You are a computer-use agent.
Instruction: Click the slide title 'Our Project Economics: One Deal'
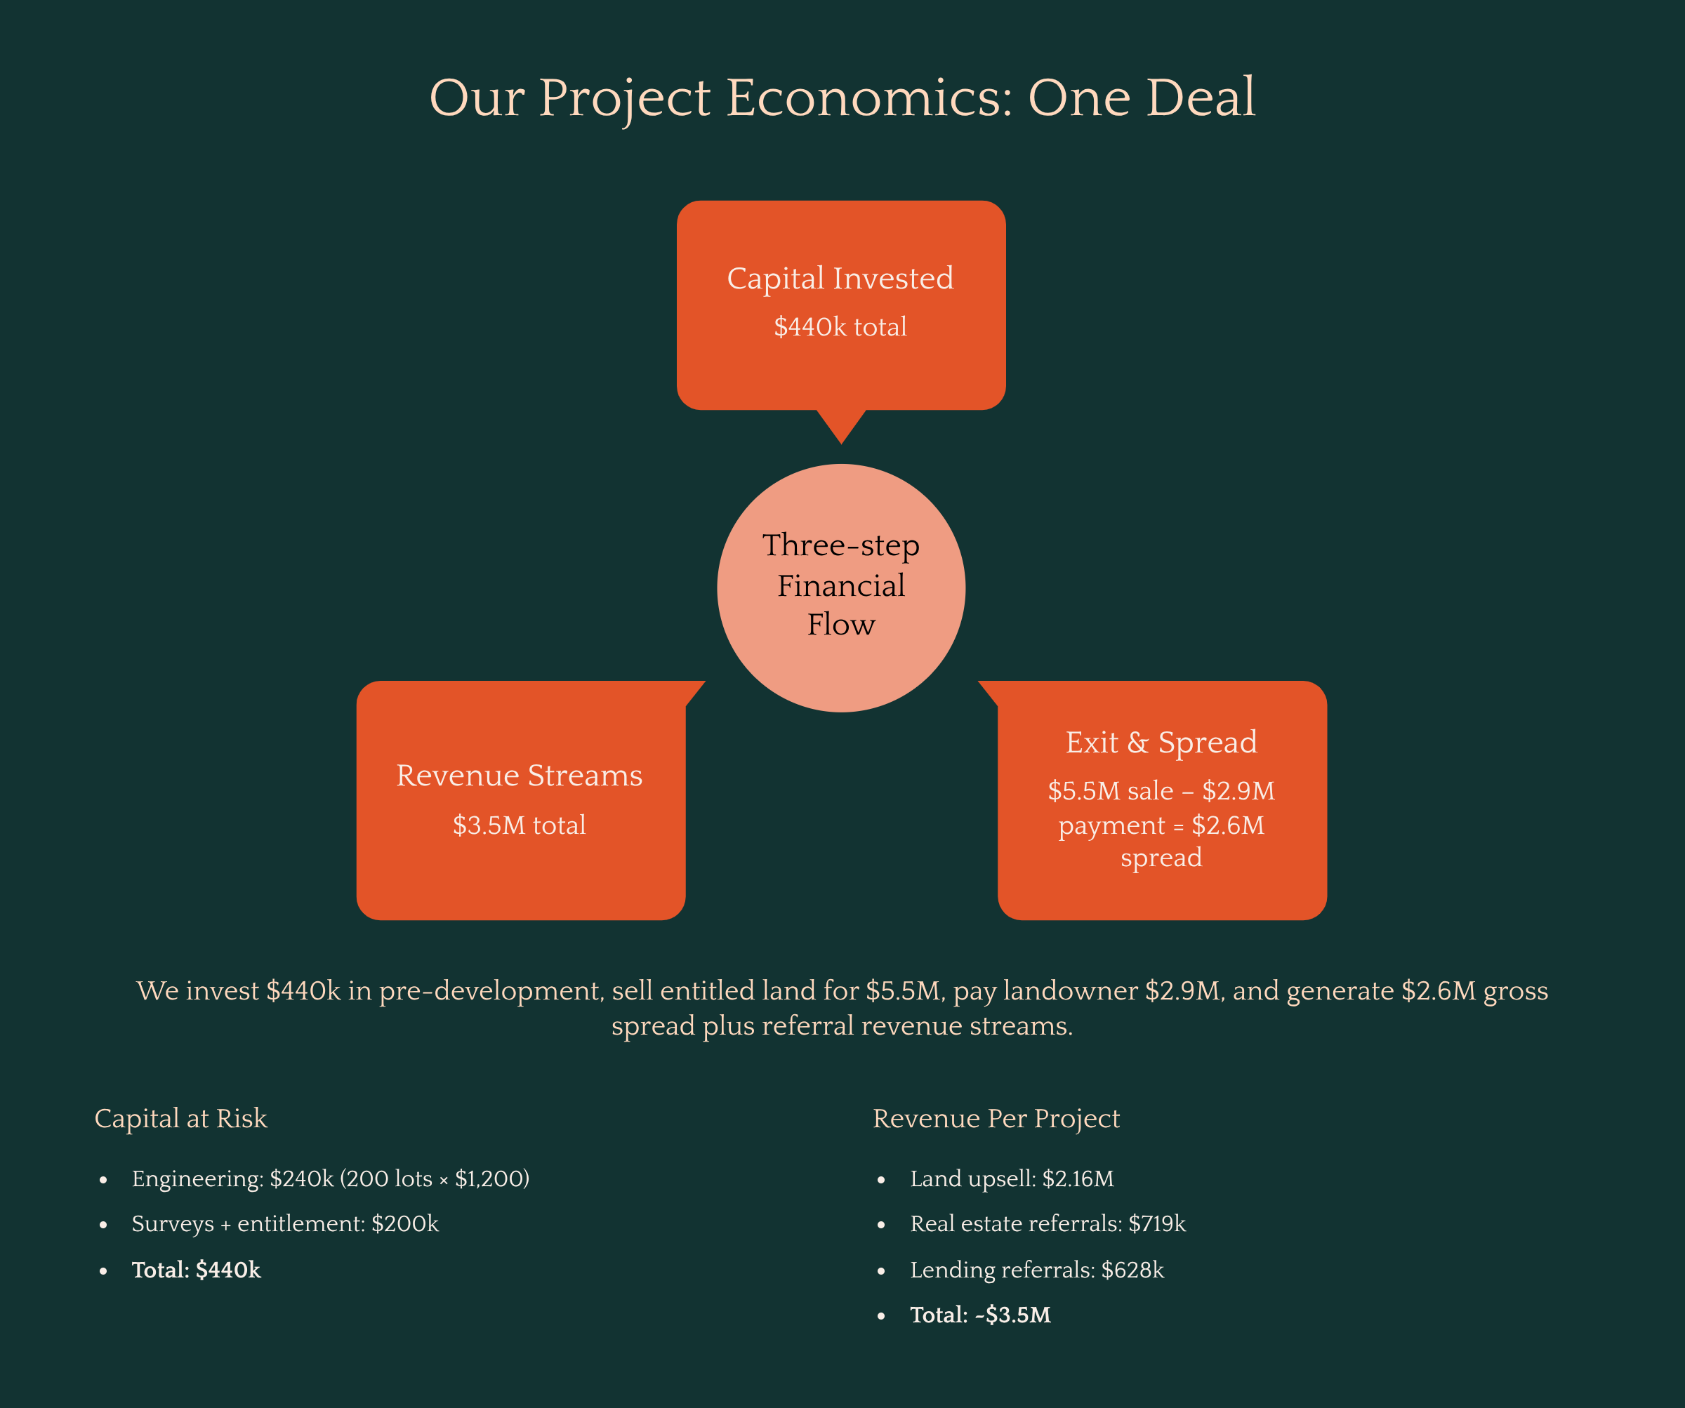tap(842, 98)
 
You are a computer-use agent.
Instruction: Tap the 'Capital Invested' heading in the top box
tap(840, 279)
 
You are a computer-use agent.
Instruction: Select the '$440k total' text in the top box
tap(840, 327)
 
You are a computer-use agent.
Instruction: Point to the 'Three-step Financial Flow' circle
tap(841, 587)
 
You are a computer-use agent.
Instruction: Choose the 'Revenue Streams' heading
tap(519, 776)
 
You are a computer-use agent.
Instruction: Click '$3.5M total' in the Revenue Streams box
tap(519, 825)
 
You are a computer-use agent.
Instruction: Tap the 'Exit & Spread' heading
tap(1161, 742)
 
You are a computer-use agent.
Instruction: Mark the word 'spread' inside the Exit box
tap(1161, 858)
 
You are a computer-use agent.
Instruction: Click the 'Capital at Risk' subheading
tap(180, 1118)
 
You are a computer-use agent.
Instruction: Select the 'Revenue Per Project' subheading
tap(996, 1118)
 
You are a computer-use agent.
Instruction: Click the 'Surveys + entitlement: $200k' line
tap(285, 1223)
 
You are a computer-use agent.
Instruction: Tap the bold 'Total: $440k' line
tap(196, 1270)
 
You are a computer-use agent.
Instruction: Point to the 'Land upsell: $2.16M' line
tap(1012, 1178)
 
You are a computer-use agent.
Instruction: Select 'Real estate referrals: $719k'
tap(1047, 1223)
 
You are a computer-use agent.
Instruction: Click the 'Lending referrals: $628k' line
tap(1037, 1270)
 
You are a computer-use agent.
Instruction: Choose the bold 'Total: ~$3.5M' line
tap(979, 1315)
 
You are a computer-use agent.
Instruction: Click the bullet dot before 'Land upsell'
tap(881, 1180)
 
